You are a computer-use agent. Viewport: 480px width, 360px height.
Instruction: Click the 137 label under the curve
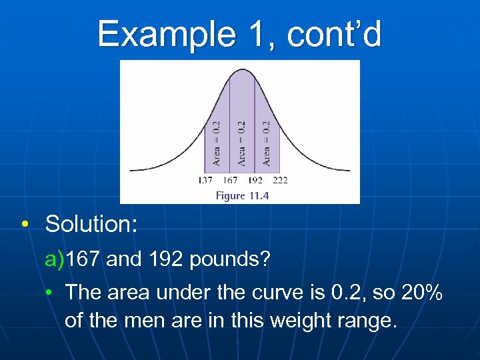pyautogui.click(x=206, y=180)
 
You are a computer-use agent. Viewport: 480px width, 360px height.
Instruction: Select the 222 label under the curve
pyautogui.click(x=280, y=180)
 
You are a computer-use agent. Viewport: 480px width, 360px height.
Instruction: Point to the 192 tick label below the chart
pyautogui.click(x=255, y=180)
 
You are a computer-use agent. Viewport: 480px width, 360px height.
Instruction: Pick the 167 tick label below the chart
pyautogui.click(x=231, y=180)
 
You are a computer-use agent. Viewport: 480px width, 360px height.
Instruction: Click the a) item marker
pyautogui.click(x=54, y=259)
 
